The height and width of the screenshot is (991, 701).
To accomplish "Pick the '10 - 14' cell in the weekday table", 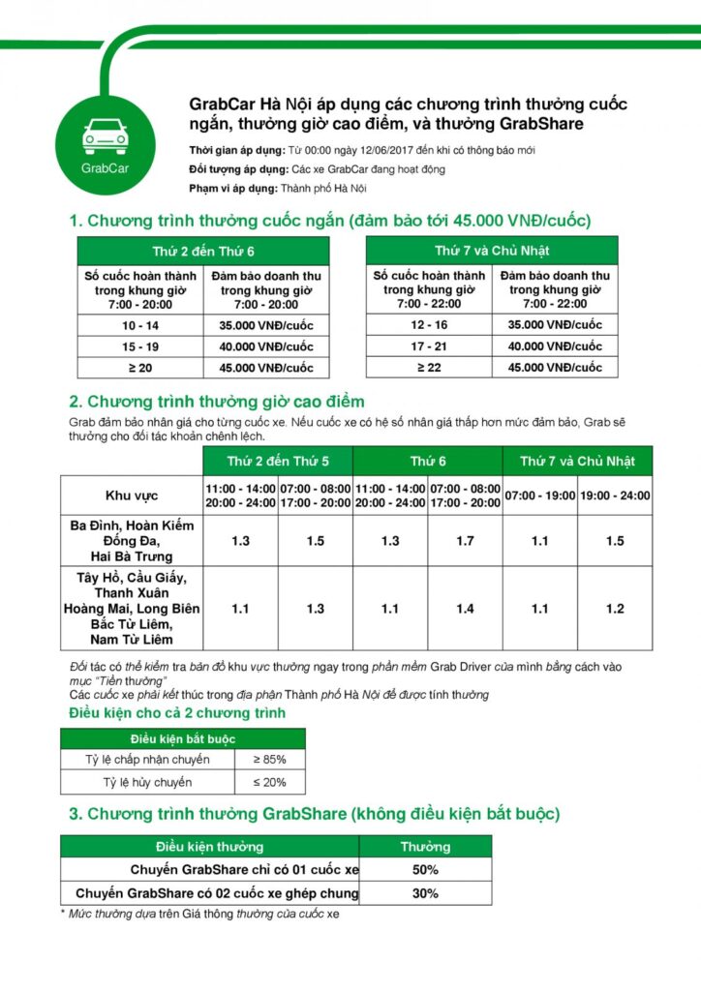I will point(139,325).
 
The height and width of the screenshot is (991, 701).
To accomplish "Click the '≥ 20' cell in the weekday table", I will point(139,368).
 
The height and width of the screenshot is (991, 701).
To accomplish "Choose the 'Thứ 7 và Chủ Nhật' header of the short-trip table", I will point(492,251).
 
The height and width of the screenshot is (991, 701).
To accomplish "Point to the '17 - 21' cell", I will point(429,345).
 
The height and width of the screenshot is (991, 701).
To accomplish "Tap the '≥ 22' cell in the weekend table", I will point(429,367).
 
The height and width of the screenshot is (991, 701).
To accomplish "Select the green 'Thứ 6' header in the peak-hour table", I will point(427,461).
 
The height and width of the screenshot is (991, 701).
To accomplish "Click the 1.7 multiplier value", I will point(465,541).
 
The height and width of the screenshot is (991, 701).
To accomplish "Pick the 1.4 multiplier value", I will point(465,609).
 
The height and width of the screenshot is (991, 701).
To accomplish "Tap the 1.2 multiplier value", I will point(615,609).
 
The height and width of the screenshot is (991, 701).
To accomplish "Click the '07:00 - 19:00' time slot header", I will point(539,495).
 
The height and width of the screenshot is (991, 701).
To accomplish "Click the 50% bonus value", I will point(425,870).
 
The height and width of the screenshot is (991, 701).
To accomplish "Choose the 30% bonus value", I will point(425,893).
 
